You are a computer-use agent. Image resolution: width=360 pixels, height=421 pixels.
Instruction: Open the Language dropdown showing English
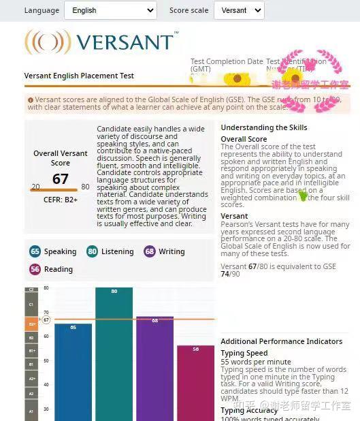(x=110, y=10)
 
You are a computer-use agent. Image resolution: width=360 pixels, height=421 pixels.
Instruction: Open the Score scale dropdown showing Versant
(x=238, y=10)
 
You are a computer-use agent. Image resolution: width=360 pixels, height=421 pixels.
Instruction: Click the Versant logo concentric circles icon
(x=47, y=42)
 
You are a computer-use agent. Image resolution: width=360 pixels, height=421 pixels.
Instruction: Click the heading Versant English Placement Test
(x=79, y=76)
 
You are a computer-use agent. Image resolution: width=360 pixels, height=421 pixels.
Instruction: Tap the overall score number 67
(x=61, y=178)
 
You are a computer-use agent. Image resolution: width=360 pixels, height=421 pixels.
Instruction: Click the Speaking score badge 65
(x=35, y=251)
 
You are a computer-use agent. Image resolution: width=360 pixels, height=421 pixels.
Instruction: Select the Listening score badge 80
(x=93, y=251)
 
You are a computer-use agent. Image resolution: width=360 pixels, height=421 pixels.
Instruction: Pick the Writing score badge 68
(x=150, y=251)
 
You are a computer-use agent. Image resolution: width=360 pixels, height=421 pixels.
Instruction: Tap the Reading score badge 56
(x=35, y=269)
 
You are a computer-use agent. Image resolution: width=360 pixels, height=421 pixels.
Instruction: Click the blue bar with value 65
(x=73, y=371)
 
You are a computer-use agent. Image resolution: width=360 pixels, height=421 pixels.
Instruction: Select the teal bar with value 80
(x=114, y=354)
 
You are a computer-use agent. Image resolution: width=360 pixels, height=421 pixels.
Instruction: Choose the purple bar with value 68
(x=154, y=368)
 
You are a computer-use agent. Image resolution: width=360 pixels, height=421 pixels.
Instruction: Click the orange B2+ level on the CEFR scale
(x=31, y=324)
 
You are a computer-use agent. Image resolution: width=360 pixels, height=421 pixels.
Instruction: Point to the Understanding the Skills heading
(x=263, y=127)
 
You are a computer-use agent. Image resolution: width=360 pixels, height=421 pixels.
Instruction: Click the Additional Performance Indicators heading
(x=281, y=341)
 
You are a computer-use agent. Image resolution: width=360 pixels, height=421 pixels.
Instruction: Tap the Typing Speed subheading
(x=244, y=354)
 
